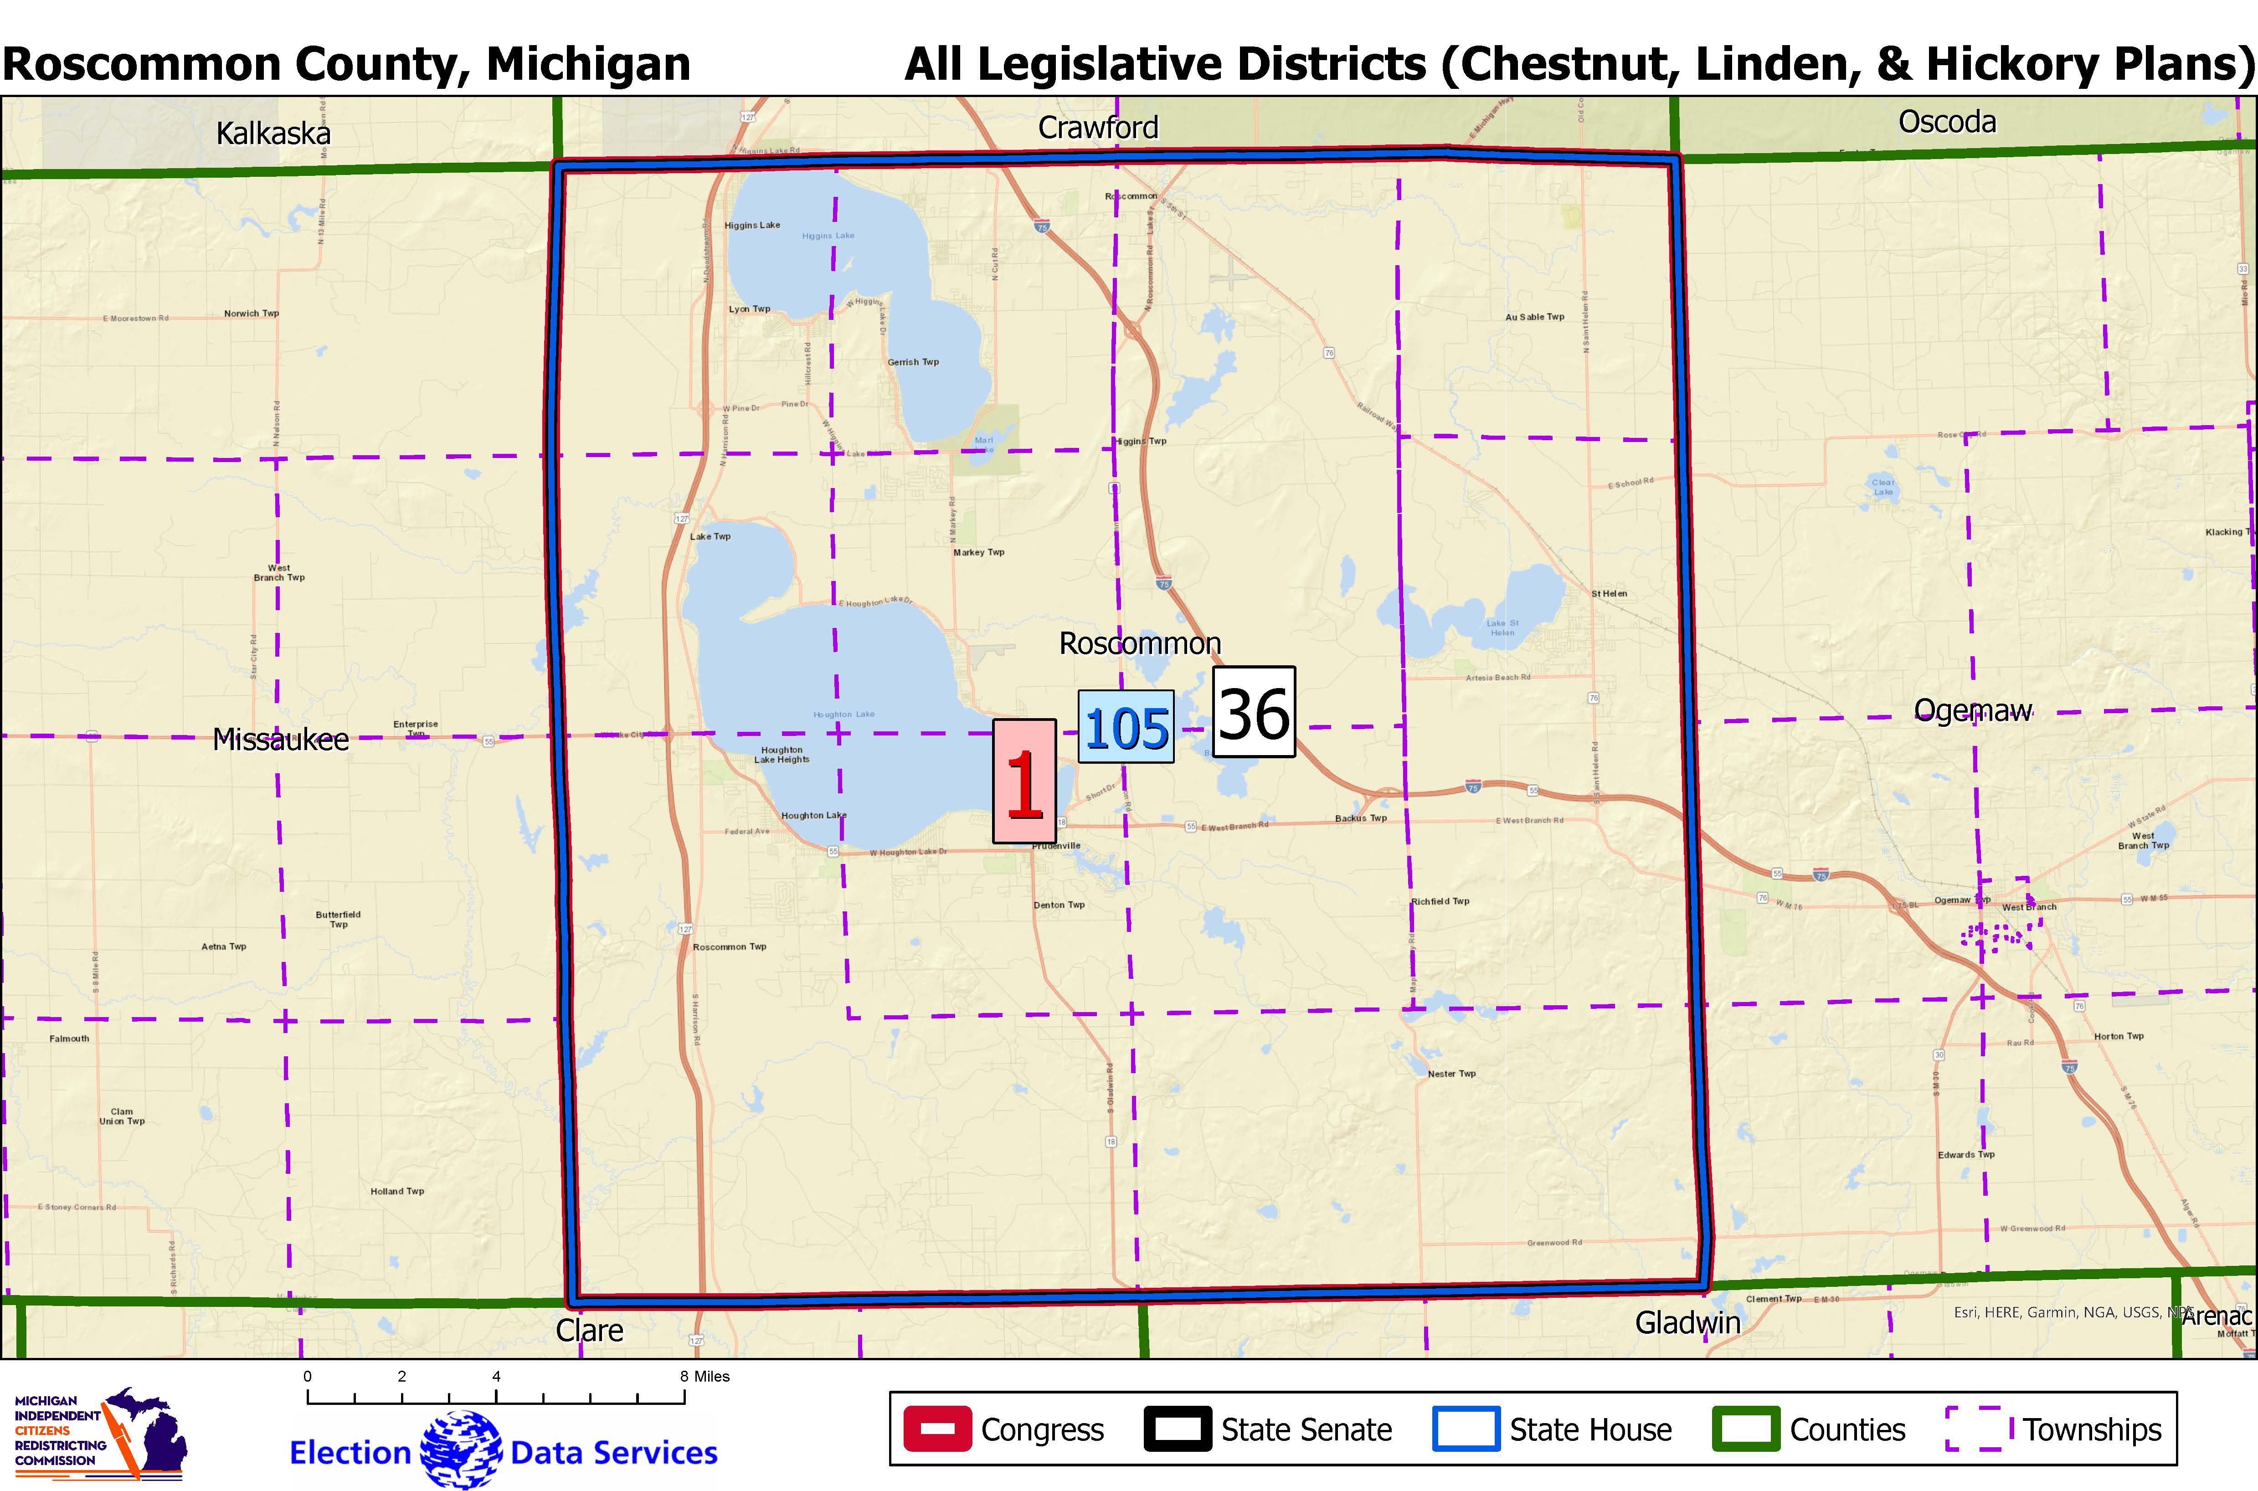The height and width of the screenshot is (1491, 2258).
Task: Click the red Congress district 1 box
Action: coord(1024,781)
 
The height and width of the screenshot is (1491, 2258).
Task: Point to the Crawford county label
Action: coord(1098,128)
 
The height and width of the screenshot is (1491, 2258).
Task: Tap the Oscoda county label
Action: coord(1947,122)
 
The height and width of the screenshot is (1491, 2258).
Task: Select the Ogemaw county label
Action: coord(1973,710)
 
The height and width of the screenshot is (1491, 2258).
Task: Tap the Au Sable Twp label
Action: coord(1534,317)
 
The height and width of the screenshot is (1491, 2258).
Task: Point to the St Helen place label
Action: coord(1609,593)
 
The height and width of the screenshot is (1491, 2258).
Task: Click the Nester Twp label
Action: coord(1452,1074)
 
